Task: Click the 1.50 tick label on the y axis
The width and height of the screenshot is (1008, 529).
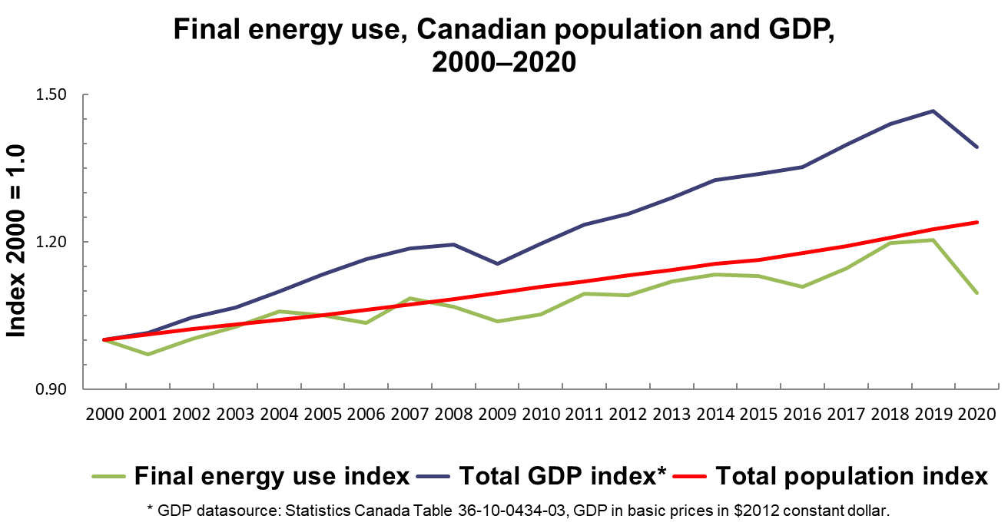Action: (51, 94)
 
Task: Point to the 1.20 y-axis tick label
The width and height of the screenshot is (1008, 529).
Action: (51, 242)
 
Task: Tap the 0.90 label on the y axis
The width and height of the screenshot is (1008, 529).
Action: (51, 388)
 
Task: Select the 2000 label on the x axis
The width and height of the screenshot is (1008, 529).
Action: (104, 414)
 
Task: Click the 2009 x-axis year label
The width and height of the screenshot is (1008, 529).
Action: (497, 414)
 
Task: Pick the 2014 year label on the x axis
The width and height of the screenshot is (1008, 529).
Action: (715, 414)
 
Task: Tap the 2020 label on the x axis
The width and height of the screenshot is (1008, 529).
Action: (977, 414)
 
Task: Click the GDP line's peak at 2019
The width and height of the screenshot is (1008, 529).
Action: (933, 111)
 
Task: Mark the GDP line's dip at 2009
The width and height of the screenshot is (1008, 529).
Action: (497, 263)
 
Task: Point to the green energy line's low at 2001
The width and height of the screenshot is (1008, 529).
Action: (148, 355)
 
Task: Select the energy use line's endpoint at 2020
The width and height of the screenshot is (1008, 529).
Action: (977, 293)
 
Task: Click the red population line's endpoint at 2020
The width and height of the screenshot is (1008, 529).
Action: (977, 222)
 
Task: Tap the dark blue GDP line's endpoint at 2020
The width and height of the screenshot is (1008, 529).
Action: (977, 147)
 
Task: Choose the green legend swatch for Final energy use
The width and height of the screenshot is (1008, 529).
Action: (108, 476)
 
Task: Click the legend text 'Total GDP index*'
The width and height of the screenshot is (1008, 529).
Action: (562, 476)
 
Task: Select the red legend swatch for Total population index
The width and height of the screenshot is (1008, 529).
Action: (689, 476)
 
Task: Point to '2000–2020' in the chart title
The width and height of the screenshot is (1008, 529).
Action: (504, 61)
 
